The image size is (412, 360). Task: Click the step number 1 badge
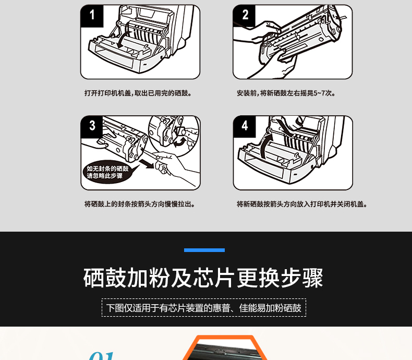point(92,16)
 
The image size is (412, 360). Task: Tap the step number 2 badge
point(245,16)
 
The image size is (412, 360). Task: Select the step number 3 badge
point(92,127)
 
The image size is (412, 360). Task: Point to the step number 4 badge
point(245,127)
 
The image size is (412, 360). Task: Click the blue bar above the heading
point(204,250)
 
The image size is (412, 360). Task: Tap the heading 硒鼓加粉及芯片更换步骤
point(203,278)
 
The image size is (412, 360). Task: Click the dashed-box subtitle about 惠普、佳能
point(204,308)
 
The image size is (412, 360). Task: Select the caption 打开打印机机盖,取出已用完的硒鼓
point(138,93)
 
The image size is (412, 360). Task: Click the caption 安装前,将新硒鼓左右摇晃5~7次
point(286,93)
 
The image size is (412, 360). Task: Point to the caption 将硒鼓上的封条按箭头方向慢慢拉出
point(140,204)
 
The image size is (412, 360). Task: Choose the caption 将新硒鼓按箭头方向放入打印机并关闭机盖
point(302,204)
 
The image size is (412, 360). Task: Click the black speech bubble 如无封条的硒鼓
point(108,172)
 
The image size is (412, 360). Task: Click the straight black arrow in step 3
point(147,163)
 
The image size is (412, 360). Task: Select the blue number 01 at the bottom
point(102,356)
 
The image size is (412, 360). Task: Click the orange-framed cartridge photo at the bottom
point(225,348)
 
